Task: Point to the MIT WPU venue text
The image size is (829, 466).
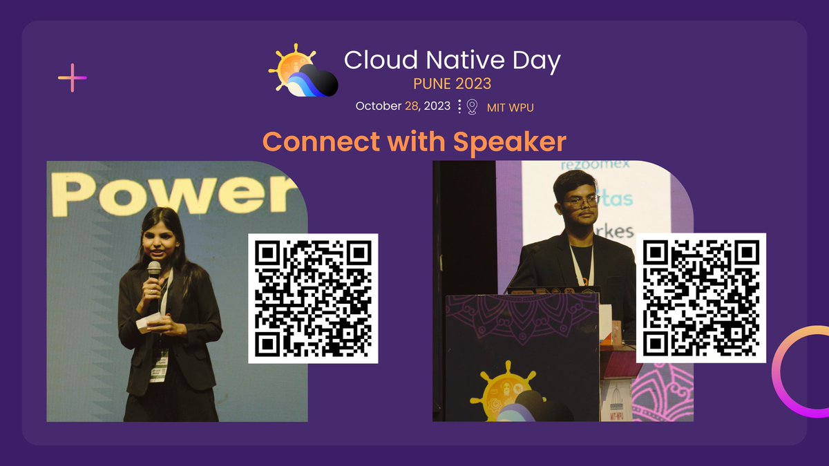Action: click(x=511, y=107)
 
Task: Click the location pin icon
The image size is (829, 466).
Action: click(x=473, y=106)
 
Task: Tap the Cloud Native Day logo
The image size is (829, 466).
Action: click(x=303, y=70)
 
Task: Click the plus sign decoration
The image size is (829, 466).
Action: click(x=73, y=77)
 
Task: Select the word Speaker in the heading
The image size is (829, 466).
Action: click(x=509, y=142)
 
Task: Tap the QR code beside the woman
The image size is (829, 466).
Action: click(x=313, y=298)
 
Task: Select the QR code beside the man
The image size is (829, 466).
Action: click(x=701, y=298)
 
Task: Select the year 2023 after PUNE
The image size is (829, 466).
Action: click(x=473, y=84)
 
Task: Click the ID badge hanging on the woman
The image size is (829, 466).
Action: click(x=159, y=365)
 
